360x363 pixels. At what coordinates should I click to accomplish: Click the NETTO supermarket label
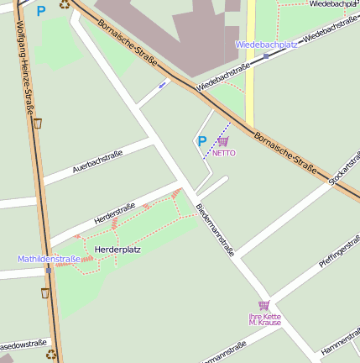click(x=224, y=154)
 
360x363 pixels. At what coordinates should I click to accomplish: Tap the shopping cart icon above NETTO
click(x=223, y=142)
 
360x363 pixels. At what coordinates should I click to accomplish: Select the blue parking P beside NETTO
click(x=201, y=142)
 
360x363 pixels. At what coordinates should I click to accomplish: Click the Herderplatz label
click(x=117, y=250)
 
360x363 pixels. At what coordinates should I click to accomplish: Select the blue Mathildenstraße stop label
click(x=50, y=259)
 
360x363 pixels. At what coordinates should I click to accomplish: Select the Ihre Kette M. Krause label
click(x=265, y=319)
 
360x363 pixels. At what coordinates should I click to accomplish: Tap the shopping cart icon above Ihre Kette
click(x=264, y=305)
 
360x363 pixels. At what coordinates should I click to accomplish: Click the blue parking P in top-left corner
click(x=40, y=12)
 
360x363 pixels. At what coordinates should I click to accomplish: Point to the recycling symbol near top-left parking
click(x=65, y=4)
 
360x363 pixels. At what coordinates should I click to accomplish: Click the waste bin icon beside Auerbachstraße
click(x=38, y=124)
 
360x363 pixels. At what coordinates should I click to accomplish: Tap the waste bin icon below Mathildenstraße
click(x=45, y=293)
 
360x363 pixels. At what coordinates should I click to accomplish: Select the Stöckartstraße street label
click(x=344, y=167)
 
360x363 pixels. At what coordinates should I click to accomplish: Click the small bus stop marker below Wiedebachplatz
click(x=266, y=56)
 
